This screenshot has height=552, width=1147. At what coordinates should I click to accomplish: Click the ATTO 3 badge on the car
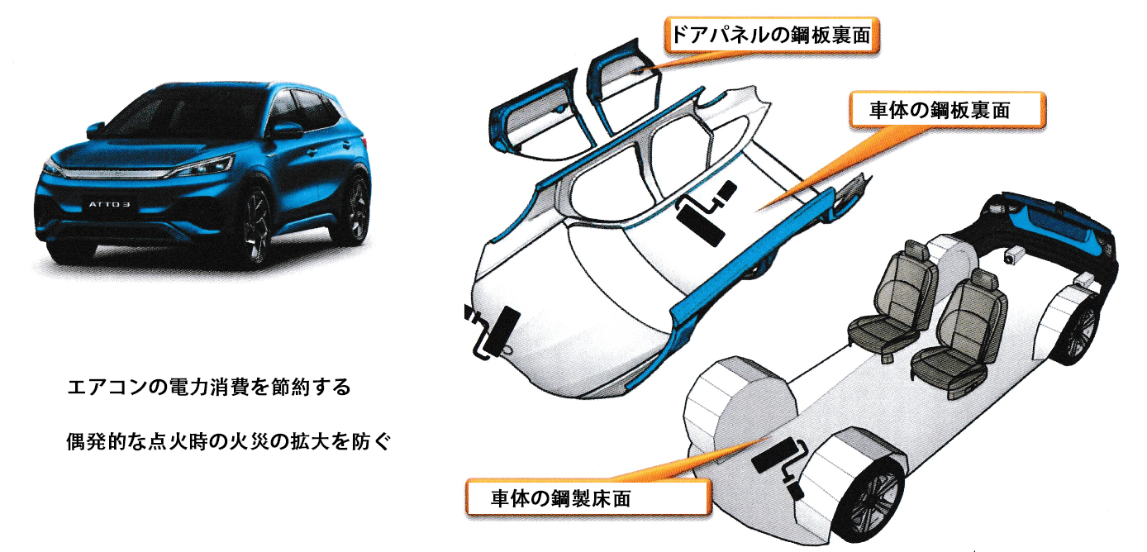(x=110, y=204)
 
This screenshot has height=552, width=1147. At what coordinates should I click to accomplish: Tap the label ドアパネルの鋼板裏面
(x=772, y=36)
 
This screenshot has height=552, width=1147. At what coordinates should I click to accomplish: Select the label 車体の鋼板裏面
(x=940, y=111)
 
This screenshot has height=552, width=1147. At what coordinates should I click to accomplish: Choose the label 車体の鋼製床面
(x=561, y=498)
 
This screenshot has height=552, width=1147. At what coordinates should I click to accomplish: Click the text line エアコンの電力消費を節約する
(x=209, y=387)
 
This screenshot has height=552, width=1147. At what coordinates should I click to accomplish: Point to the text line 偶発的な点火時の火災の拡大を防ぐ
(x=228, y=441)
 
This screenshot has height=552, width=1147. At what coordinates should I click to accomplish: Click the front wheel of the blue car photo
(x=255, y=229)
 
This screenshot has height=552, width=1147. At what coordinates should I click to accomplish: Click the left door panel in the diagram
(x=540, y=118)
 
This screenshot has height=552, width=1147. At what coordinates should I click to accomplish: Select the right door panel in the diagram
(x=623, y=84)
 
